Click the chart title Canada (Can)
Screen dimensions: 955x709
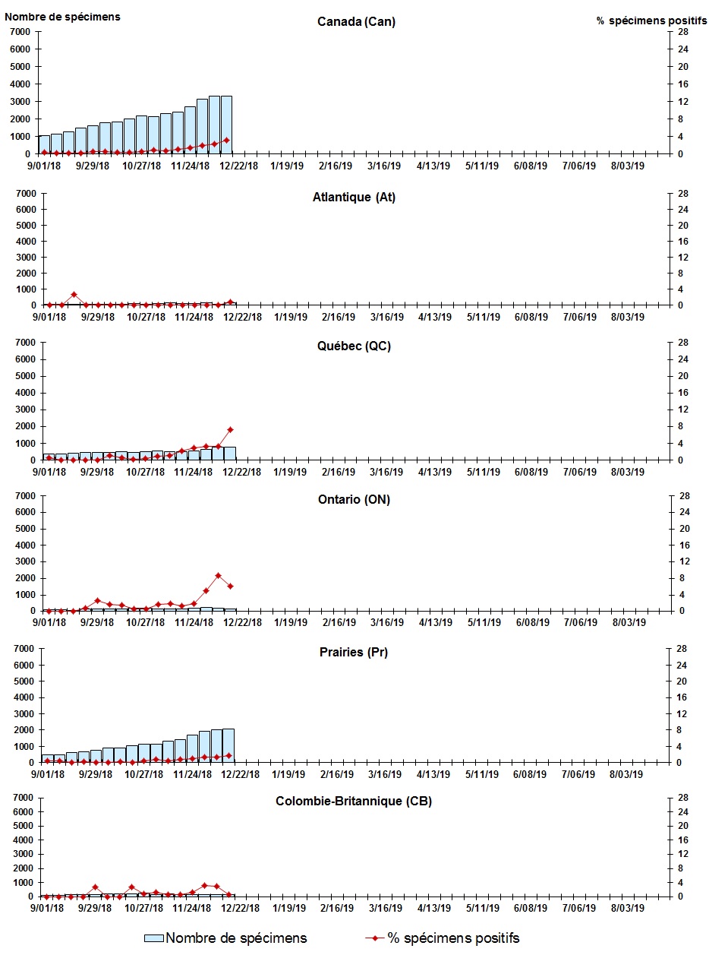pyautogui.click(x=356, y=21)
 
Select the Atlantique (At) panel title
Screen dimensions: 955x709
pyautogui.click(x=354, y=198)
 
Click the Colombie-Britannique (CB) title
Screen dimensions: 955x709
pyautogui.click(x=354, y=801)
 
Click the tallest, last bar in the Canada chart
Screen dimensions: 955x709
pyautogui.click(x=226, y=125)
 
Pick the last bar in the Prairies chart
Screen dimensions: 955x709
pyautogui.click(x=228, y=745)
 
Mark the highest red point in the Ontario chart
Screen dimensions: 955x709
pyautogui.click(x=218, y=575)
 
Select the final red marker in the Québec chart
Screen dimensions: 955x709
pyautogui.click(x=230, y=429)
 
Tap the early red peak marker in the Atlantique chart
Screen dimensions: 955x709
pyautogui.click(x=74, y=294)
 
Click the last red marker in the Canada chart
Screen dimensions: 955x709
pyautogui.click(x=226, y=140)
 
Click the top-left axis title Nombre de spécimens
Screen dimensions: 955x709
pyautogui.click(x=62, y=16)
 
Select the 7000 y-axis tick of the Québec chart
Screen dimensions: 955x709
pyautogui.click(x=21, y=343)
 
